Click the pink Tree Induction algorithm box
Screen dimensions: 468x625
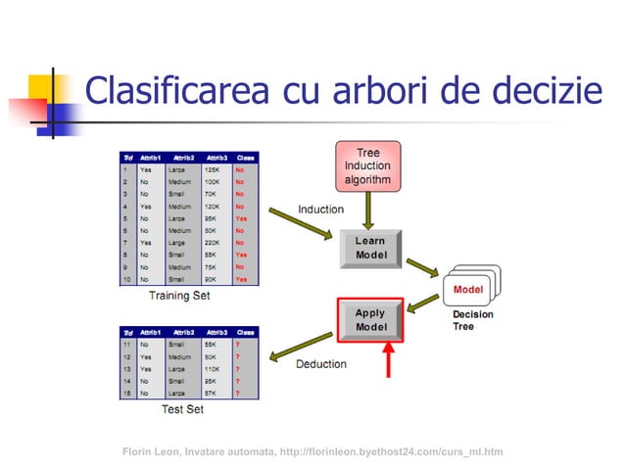pos(367,165)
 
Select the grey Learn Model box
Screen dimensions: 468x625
pos(370,248)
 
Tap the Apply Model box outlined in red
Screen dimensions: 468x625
pos(370,319)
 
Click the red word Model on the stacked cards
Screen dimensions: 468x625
pos(468,290)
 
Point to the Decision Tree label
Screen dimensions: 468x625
pos(472,320)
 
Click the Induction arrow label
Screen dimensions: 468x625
pos(320,210)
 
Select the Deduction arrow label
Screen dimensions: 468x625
pos(320,364)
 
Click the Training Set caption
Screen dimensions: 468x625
pos(178,295)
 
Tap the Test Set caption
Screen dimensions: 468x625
pos(182,408)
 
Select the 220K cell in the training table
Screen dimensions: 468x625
pos(213,241)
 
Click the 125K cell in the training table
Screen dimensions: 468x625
pos(213,169)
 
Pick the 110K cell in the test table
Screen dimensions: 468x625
pos(213,369)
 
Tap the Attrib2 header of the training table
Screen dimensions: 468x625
pos(183,157)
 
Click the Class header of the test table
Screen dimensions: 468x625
pos(246,333)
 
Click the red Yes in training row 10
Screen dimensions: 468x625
pos(242,278)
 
